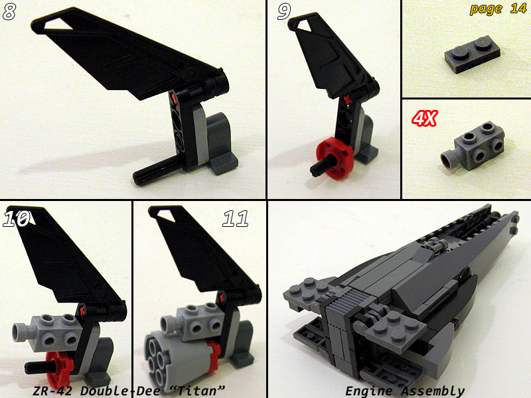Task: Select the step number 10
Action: (x=16, y=219)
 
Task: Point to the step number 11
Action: (x=235, y=219)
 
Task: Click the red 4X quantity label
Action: (x=424, y=119)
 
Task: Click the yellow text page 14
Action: (x=498, y=9)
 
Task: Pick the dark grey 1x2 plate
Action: (x=472, y=54)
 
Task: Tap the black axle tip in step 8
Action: (x=138, y=178)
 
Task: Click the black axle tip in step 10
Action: (x=29, y=367)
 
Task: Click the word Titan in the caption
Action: (x=197, y=391)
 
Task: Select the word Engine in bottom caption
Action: (x=369, y=391)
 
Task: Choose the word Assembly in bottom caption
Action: (x=433, y=391)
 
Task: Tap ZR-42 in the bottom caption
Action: (x=53, y=391)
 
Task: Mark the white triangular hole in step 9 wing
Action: (x=305, y=24)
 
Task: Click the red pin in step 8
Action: (x=175, y=98)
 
